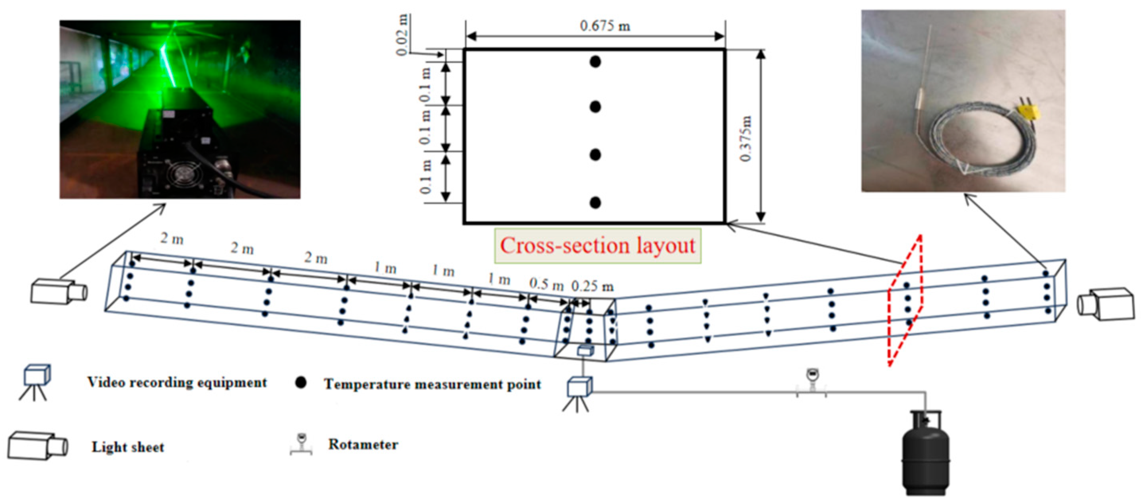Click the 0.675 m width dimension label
coord(605,26)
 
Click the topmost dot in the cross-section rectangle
coord(595,62)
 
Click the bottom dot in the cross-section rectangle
coord(595,203)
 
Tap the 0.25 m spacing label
coord(592,287)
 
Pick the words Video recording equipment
coord(177,382)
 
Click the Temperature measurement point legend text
coord(432,384)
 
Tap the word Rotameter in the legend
coord(363,444)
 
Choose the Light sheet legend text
coord(128,447)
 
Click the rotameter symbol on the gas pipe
coord(811,381)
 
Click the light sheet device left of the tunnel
coord(59,291)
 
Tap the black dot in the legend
coord(301,383)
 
